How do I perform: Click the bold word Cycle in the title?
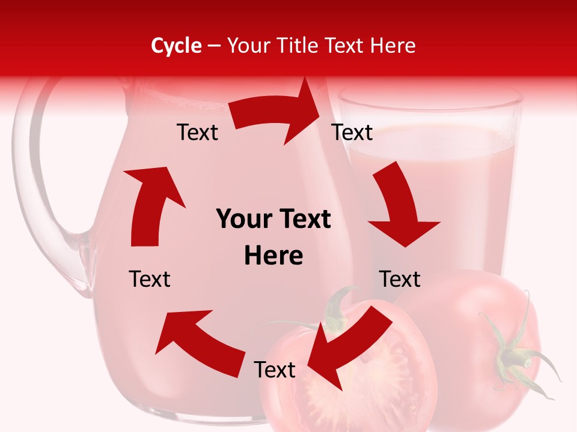(x=176, y=46)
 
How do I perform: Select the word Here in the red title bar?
(x=394, y=46)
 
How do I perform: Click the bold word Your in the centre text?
(x=240, y=220)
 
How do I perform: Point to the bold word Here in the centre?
(x=273, y=256)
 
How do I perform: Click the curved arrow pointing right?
(x=276, y=114)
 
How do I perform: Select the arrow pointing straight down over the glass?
(x=400, y=207)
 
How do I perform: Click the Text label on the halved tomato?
(x=275, y=370)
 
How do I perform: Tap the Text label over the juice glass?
(x=352, y=132)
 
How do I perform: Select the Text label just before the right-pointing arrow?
(x=197, y=132)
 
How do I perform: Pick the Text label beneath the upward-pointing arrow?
(x=150, y=279)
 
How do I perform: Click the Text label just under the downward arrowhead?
(x=400, y=279)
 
